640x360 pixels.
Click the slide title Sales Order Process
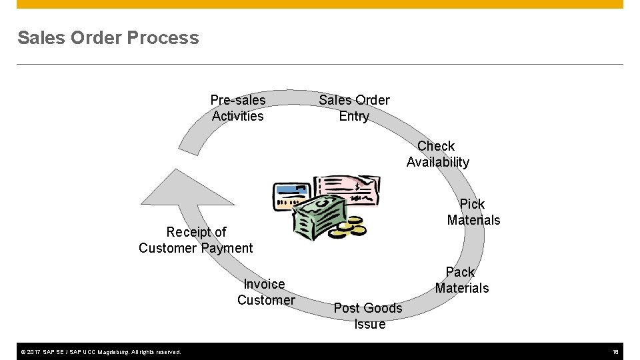[x=108, y=38]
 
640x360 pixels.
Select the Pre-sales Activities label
[x=238, y=108]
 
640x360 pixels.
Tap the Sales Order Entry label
[x=354, y=108]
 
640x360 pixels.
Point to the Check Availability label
[x=437, y=154]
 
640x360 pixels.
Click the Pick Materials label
[x=473, y=212]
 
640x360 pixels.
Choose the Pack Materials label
[x=461, y=280]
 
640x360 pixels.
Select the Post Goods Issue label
[x=368, y=316]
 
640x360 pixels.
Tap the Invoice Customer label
[x=265, y=292]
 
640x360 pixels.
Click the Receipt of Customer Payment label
[x=196, y=240]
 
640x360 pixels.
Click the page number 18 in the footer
[x=616, y=352]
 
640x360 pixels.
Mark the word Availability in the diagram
[x=437, y=162]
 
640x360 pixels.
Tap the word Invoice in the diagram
[x=264, y=284]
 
